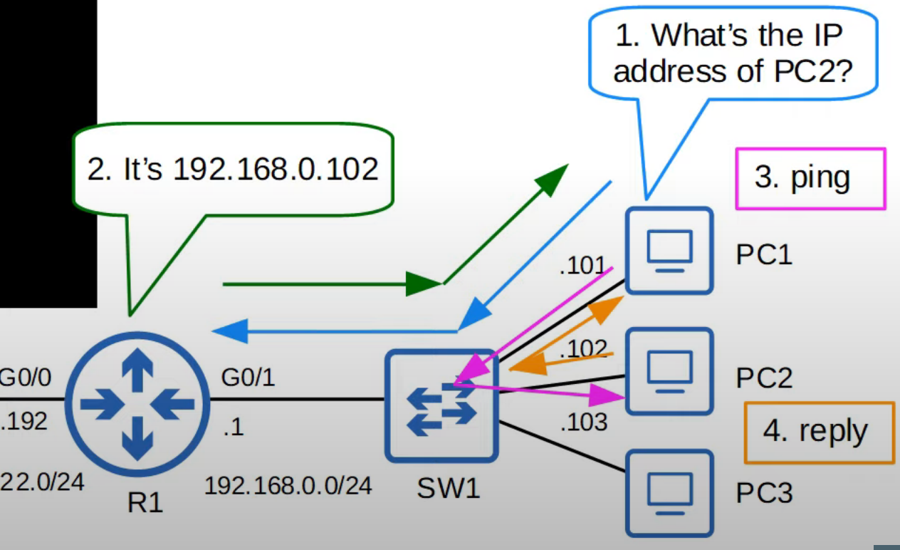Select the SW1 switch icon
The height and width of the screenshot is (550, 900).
point(441,405)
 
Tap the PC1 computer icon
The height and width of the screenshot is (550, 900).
point(669,251)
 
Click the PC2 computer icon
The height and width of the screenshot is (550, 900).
point(669,371)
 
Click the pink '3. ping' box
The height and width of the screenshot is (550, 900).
point(810,178)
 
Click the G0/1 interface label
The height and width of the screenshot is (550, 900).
point(247,378)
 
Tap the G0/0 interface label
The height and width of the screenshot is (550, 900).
point(26,378)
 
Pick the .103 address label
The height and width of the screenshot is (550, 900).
point(583,422)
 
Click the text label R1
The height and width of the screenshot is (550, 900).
point(145,504)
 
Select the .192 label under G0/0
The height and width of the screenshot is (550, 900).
point(24,421)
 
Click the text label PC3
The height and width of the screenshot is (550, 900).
point(764,492)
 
